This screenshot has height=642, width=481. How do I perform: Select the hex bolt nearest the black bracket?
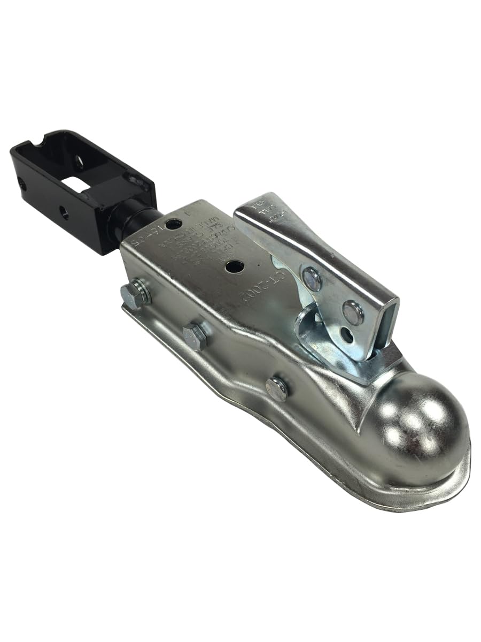coord(134,294)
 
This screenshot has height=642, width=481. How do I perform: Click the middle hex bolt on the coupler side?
coord(195,337)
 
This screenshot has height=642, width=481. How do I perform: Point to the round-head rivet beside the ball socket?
coord(276,388)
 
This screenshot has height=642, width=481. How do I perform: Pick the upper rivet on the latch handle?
coord(311,278)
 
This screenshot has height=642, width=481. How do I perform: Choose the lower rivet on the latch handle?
coord(352,311)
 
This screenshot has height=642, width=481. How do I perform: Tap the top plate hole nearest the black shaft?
coord(173,224)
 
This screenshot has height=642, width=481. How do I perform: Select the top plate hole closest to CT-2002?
coord(234,265)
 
